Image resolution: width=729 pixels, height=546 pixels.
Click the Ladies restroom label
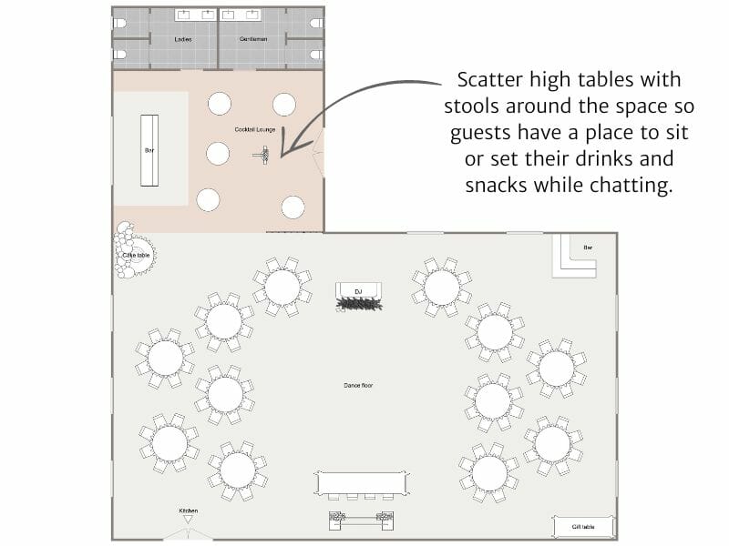coord(181,40)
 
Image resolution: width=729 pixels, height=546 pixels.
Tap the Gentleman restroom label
coord(253,40)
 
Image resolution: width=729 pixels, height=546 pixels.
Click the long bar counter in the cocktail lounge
coord(149,150)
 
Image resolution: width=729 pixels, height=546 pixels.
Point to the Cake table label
coord(135,256)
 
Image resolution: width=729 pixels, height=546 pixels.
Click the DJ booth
coord(358,294)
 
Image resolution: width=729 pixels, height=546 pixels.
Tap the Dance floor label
coord(358,386)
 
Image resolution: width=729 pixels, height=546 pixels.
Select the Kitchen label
coord(188,511)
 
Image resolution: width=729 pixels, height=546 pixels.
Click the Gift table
coord(583,527)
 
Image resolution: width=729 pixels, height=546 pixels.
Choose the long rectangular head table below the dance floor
coord(360,483)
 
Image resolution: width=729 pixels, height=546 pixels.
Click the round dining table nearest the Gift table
coord(552,443)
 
